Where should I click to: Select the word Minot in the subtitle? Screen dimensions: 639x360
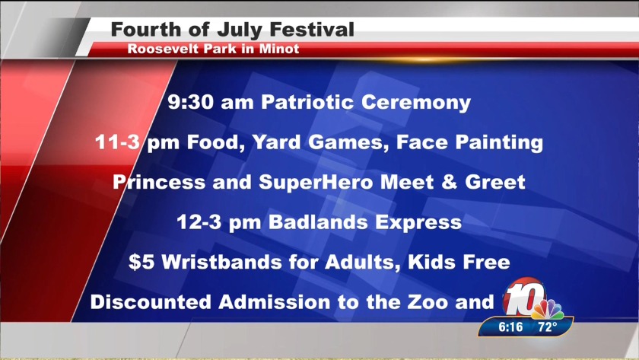279,49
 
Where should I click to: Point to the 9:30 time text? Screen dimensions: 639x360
191,102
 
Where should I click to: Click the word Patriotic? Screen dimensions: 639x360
307,102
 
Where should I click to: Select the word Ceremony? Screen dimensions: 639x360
416,103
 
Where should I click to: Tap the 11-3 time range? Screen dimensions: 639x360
117,142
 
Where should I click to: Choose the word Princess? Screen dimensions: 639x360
159,182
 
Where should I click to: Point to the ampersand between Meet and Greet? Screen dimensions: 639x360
449,182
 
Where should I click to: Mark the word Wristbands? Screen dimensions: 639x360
221,262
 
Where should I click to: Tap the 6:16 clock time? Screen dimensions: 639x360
510,327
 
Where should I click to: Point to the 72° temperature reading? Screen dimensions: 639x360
547,327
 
